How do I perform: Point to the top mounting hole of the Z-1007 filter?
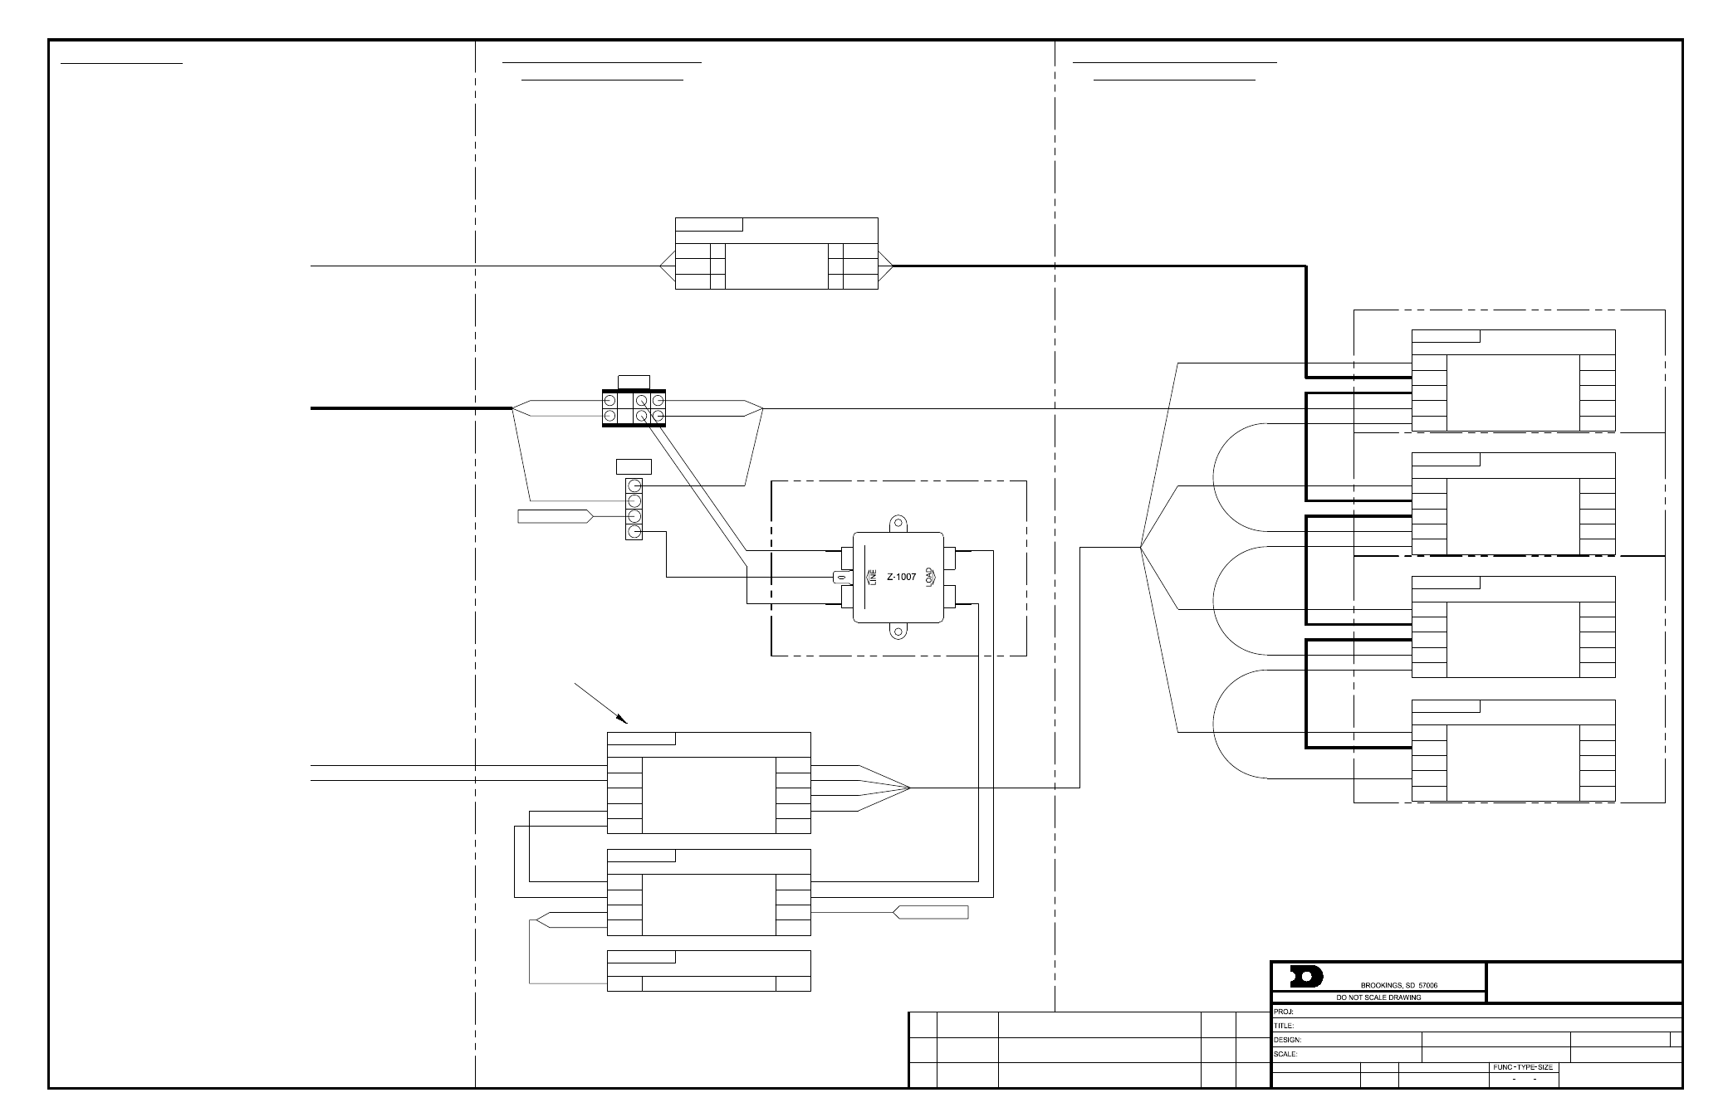tap(898, 524)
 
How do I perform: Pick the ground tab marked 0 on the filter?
tap(840, 577)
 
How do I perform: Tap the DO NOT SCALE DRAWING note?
tap(1378, 997)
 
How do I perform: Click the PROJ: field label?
tap(1285, 1012)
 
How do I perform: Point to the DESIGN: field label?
tap(1288, 1040)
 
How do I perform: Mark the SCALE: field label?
tap(1286, 1054)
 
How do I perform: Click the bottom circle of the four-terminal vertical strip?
tap(634, 531)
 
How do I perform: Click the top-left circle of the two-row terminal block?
tap(610, 400)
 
